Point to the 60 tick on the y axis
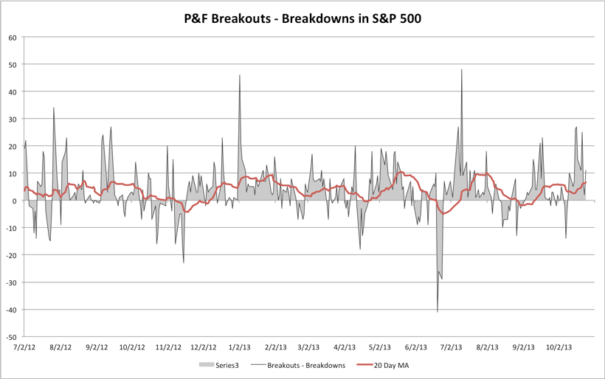(x=13, y=38)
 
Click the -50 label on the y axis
(x=11, y=336)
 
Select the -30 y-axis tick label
(x=11, y=282)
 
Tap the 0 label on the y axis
(x=15, y=201)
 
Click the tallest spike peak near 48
(x=462, y=70)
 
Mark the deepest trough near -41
(x=438, y=312)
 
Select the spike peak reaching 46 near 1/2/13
(x=240, y=75)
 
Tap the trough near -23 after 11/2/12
(x=184, y=262)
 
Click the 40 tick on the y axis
(x=13, y=92)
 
